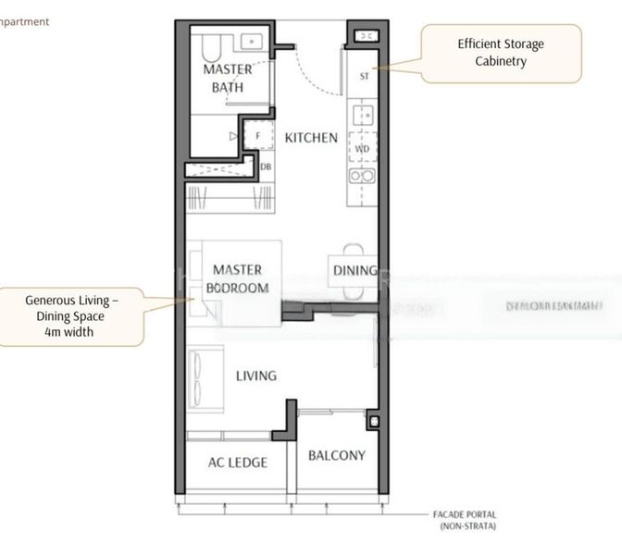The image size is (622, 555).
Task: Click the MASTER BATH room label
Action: [x=228, y=78]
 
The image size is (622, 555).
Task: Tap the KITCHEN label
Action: [x=311, y=138]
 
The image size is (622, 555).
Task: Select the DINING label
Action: [x=355, y=271]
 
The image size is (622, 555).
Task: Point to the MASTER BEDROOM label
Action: [x=237, y=278]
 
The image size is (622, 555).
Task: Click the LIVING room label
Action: [x=255, y=376]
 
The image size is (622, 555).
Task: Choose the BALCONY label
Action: [x=336, y=455]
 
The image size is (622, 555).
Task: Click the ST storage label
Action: [x=364, y=77]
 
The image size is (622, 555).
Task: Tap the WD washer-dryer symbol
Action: [x=361, y=147]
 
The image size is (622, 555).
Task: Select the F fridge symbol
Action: [x=259, y=136]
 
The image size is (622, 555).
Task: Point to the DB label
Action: [x=266, y=166]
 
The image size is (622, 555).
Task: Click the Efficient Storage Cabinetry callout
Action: [x=501, y=53]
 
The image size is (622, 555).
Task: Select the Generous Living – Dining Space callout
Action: [x=71, y=315]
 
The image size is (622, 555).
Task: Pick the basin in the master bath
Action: [x=250, y=41]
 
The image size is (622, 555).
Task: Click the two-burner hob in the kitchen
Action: [x=361, y=176]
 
